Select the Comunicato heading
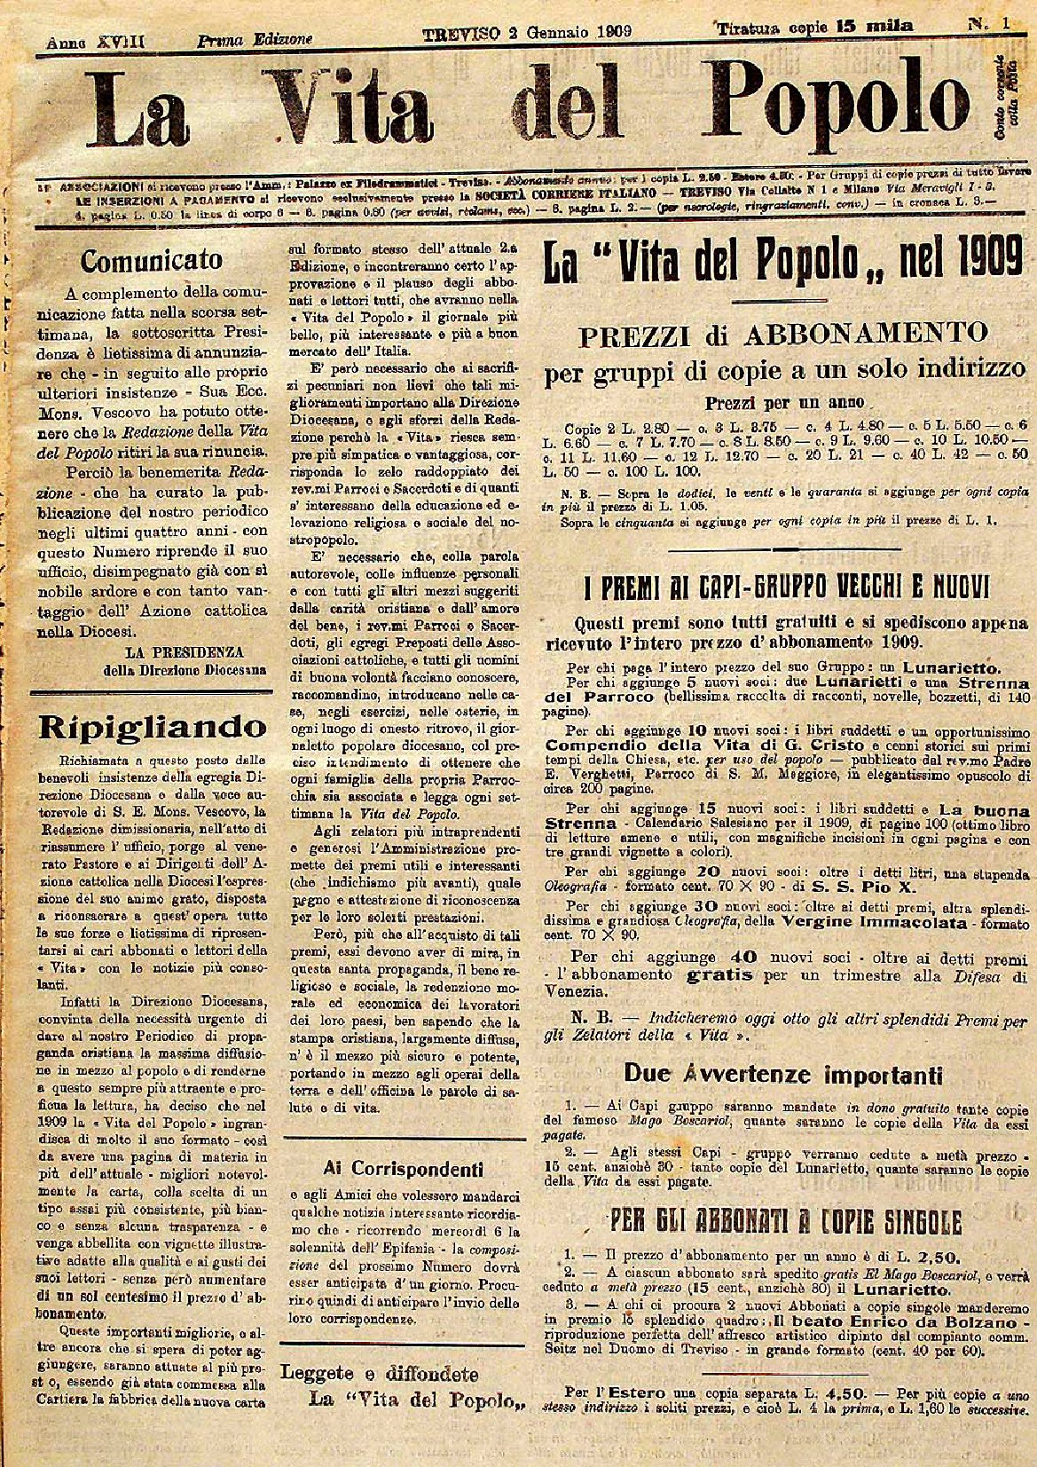pyautogui.click(x=152, y=260)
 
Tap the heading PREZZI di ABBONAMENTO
pyautogui.click(x=784, y=335)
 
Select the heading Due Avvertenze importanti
pyautogui.click(x=782, y=1075)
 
